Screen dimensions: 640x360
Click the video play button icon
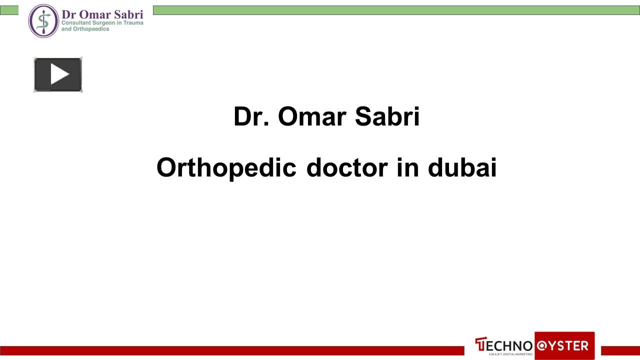click(58, 74)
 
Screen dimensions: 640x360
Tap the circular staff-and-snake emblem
click(43, 21)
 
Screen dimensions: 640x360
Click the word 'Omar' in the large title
click(312, 116)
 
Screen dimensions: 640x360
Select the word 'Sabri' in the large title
click(387, 116)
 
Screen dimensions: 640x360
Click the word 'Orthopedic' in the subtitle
click(226, 168)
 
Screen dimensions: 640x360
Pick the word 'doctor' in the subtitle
click(347, 167)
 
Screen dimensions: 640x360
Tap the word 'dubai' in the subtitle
click(462, 167)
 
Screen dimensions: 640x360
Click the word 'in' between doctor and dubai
click(407, 167)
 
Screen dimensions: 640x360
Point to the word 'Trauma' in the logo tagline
click(133, 23)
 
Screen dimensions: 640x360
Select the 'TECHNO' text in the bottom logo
click(503, 345)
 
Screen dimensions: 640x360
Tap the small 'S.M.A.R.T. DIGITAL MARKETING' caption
click(510, 354)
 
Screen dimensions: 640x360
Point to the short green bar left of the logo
click(9, 10)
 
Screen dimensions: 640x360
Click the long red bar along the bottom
click(232, 350)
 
